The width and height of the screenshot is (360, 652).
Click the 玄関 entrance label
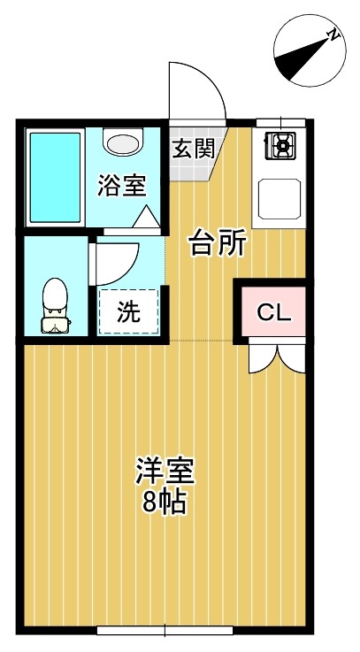click(192, 148)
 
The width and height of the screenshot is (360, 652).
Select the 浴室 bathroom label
click(121, 187)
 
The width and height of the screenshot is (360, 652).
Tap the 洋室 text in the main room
click(165, 472)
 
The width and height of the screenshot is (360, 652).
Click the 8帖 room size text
click(165, 503)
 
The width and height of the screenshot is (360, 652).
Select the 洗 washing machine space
click(128, 311)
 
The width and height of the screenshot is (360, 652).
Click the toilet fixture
click(55, 306)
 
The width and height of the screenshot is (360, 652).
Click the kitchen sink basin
click(280, 196)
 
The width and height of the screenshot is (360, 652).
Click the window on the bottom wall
click(165, 631)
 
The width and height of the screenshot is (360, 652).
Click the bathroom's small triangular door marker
click(147, 215)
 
